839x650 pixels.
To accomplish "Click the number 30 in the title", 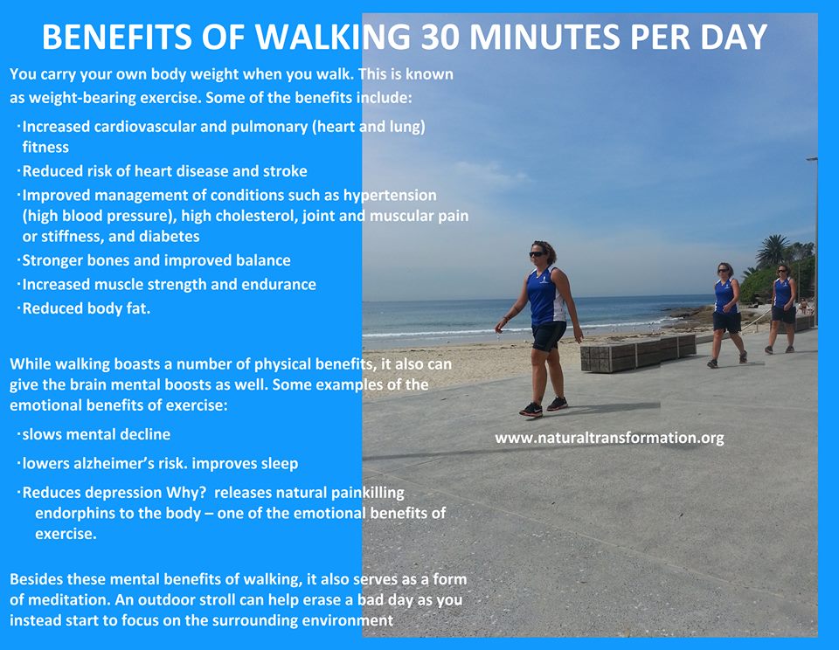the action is coord(440,37).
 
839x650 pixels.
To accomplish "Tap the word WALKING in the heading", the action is coord(332,37).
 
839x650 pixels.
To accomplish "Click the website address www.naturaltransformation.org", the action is coord(609,438).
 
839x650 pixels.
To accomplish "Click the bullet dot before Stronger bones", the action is coord(18,259).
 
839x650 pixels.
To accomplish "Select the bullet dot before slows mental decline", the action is coord(18,433).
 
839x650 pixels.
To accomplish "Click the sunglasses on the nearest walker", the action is coord(537,254).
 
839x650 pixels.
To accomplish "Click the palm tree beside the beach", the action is coord(773,252).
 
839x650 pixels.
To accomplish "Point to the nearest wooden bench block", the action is coord(621,356).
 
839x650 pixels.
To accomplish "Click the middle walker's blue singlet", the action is coord(725,295).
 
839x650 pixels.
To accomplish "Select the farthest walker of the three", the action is coord(782,308).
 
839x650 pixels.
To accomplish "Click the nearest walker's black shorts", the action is coord(549,336).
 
